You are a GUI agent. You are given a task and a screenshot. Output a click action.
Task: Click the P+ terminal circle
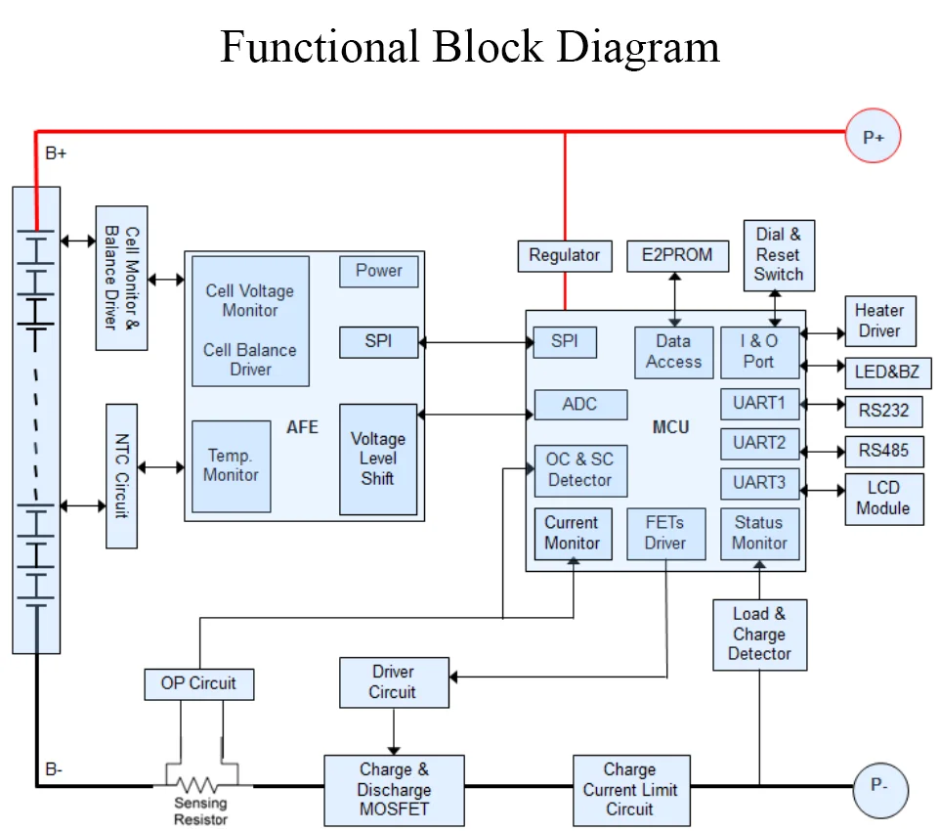click(x=873, y=136)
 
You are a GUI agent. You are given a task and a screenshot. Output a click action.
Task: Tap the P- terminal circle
click(x=880, y=790)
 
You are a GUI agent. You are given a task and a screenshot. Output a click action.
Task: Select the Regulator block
click(x=565, y=256)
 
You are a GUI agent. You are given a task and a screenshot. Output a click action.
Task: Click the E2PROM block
click(x=677, y=256)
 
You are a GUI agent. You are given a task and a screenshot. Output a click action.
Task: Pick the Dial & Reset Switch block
click(x=779, y=255)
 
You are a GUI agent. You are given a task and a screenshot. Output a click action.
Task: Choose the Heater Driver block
click(x=880, y=321)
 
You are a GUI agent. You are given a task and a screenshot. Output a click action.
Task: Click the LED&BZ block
click(x=887, y=372)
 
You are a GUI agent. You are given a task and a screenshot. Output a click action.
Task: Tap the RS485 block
click(x=884, y=451)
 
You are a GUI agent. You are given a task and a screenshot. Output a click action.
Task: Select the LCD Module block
click(x=884, y=499)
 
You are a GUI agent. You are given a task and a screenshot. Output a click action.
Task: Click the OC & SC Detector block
click(x=580, y=470)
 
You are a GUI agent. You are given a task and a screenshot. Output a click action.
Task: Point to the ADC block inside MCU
click(x=580, y=405)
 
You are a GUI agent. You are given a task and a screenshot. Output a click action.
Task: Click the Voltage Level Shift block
click(x=378, y=459)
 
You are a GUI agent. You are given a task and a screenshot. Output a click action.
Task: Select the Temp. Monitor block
click(x=232, y=466)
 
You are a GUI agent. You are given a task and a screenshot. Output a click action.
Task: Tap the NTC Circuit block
click(x=121, y=476)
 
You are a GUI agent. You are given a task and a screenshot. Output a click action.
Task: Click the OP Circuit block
click(x=198, y=684)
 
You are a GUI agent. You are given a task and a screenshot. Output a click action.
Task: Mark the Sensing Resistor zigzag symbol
click(x=197, y=785)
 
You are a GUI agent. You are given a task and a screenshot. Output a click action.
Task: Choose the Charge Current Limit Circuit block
click(x=631, y=790)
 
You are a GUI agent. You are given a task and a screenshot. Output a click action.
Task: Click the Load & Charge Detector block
click(x=759, y=634)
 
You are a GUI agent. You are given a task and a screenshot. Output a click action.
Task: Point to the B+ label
click(x=56, y=153)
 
